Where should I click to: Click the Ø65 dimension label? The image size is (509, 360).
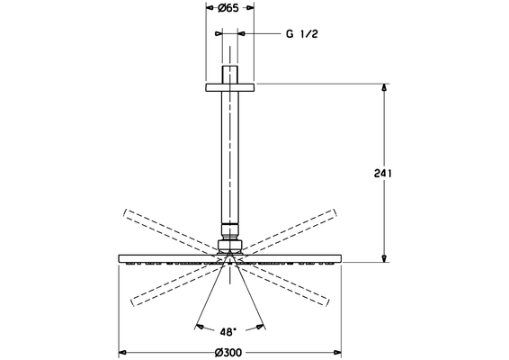(x=228, y=8)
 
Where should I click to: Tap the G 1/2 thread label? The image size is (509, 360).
(x=302, y=34)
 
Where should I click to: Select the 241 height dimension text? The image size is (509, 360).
(x=383, y=174)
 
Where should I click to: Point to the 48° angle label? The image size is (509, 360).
(x=228, y=332)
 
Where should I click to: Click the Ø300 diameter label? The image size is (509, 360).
(x=228, y=353)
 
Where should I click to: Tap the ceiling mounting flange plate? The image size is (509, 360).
(x=230, y=87)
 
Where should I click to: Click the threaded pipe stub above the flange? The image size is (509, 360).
(x=230, y=75)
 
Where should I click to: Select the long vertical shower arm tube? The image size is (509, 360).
(x=230, y=157)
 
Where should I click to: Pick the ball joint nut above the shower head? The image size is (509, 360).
(x=230, y=246)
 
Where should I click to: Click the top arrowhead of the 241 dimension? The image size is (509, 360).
(x=384, y=87)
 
